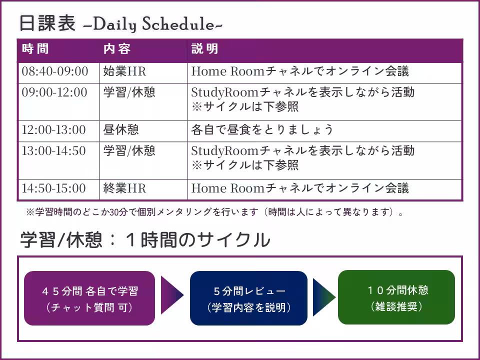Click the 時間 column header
35,48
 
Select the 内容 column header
117,48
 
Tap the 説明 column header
205,48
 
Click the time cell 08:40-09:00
55,71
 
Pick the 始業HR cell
124,71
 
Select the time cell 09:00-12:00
54,92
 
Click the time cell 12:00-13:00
53,130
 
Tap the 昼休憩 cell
121,130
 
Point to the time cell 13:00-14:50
53,151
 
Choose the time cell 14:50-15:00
53,188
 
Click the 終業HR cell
124,188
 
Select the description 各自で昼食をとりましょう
262,130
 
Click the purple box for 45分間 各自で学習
89,298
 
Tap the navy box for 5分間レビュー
248,298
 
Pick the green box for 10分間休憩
396,297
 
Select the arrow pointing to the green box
323,297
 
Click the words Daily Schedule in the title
153,24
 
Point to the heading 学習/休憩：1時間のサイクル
145,239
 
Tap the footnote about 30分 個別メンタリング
215,212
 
